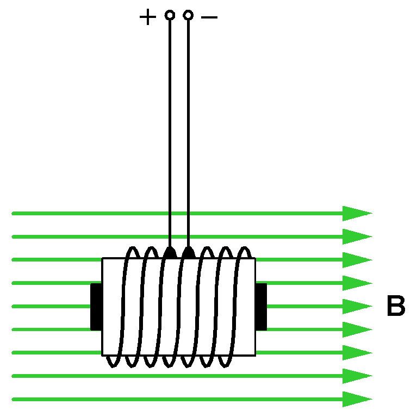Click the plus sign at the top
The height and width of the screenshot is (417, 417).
point(147,17)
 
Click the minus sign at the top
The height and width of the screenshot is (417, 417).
point(209,17)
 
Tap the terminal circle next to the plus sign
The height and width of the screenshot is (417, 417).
point(170,15)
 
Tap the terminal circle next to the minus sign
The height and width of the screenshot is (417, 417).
point(188,15)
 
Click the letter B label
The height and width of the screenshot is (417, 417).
point(396,307)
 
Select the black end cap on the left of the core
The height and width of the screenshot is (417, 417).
point(96,307)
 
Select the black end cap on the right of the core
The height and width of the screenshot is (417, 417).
point(261,307)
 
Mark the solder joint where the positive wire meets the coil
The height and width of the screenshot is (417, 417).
point(170,252)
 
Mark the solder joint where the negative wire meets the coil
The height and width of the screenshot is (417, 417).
point(188,252)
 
